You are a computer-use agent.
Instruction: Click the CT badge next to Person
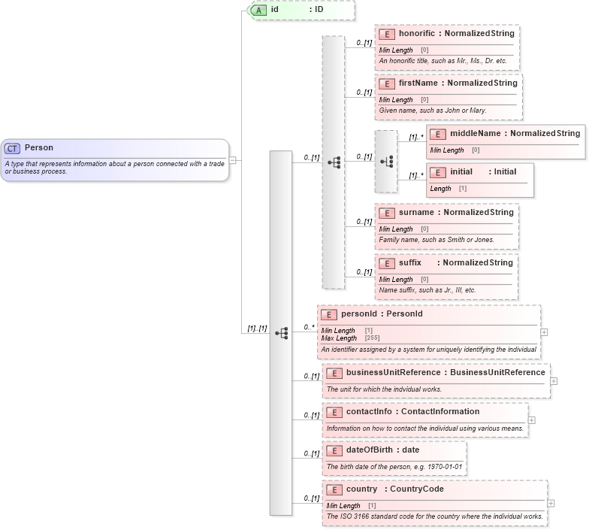pyautogui.click(x=13, y=148)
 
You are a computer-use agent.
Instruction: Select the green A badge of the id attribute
pyautogui.click(x=259, y=10)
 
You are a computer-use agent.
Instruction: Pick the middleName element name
pyautogui.click(x=475, y=134)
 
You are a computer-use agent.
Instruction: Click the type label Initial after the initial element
pyautogui.click(x=505, y=172)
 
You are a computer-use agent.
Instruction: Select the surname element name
pyautogui.click(x=416, y=213)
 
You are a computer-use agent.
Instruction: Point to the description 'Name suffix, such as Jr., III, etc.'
pyautogui.click(x=427, y=290)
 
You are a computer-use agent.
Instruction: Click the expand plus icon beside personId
pyautogui.click(x=544, y=332)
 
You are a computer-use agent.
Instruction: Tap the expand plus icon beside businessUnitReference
pyautogui.click(x=554, y=381)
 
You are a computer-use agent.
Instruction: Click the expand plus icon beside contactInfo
pyautogui.click(x=532, y=420)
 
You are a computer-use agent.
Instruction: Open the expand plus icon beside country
pyautogui.click(x=551, y=504)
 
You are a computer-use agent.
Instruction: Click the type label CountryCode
pyautogui.click(x=416, y=489)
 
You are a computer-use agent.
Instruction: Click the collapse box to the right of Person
pyautogui.click(x=233, y=160)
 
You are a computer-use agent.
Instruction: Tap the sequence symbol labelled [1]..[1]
pyautogui.click(x=281, y=332)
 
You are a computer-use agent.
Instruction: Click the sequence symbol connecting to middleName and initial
pyautogui.click(x=386, y=162)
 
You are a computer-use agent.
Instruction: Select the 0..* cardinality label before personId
pyautogui.click(x=308, y=327)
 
